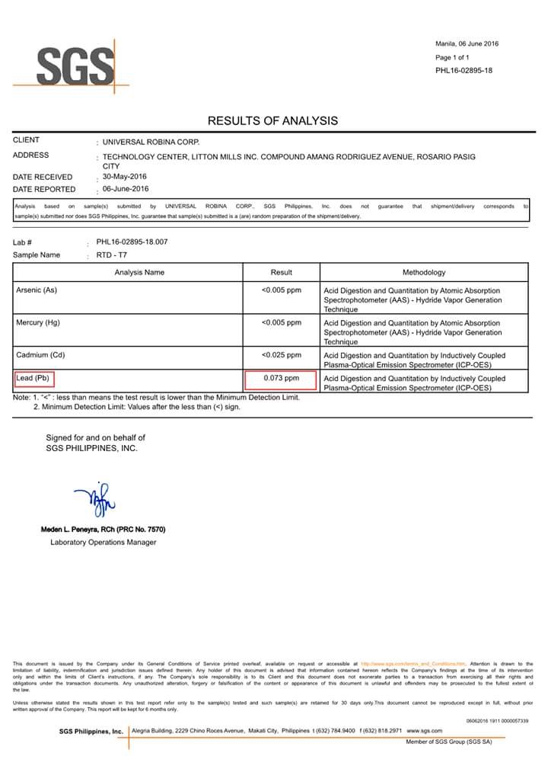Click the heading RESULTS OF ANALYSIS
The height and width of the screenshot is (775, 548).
pos(272,120)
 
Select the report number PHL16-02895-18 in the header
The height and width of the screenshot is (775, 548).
pos(464,71)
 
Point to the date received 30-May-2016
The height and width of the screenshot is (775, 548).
pos(126,176)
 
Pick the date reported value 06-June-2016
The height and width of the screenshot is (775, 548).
pos(126,189)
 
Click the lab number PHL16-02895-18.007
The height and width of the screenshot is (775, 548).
pos(132,242)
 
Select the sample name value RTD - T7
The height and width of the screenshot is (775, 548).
pos(113,255)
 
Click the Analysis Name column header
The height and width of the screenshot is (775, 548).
pos(139,272)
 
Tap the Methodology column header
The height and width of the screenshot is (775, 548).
pos(424,272)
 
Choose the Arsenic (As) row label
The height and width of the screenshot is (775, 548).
pos(37,290)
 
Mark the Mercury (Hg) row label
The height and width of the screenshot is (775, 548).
pos(38,323)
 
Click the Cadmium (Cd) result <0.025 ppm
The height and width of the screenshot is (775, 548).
pos(282,355)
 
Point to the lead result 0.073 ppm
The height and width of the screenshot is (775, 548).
pos(282,378)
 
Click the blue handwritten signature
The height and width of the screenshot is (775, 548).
pos(94,499)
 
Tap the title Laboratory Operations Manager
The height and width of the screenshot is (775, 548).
pos(103,543)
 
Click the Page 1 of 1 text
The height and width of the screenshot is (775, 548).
pos(452,57)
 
